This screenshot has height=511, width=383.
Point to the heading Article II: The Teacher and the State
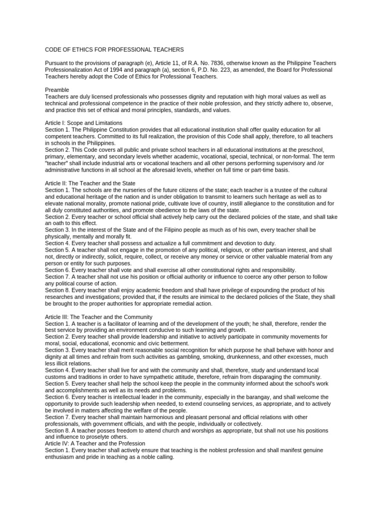click(x=90, y=184)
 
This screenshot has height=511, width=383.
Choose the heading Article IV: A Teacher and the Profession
click(x=95, y=443)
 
